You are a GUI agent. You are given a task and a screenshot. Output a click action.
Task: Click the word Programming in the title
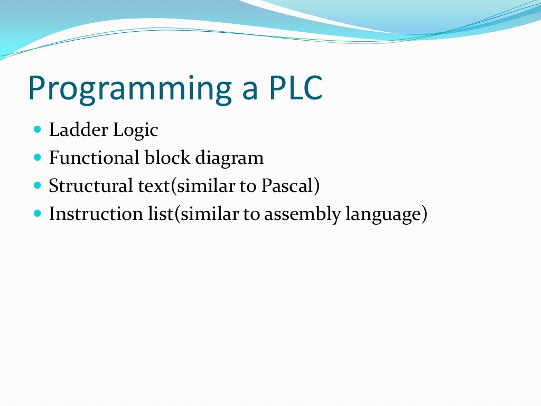129,89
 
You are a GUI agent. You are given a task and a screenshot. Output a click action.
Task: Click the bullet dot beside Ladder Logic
37,129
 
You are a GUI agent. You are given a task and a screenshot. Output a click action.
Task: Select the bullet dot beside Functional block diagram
37,158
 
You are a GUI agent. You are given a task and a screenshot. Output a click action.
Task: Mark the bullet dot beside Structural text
37,186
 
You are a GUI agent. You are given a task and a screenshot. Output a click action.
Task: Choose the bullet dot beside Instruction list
37,214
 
